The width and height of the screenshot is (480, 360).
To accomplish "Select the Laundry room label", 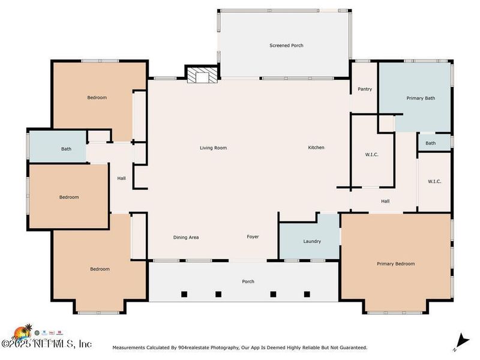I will coord(312,241).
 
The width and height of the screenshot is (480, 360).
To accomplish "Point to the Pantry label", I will coord(365,89).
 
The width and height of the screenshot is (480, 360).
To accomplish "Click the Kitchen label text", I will coord(316,148).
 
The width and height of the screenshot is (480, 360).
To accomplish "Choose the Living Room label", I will coord(213,148).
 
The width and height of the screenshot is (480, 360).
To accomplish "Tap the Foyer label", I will coord(253,237).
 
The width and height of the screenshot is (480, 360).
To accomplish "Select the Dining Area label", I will coord(186,237).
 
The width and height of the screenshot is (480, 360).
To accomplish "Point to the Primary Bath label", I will coord(421,98).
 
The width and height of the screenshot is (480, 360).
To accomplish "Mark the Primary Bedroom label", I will coord(395,263).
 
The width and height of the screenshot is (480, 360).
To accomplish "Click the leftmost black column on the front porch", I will coord(184,294).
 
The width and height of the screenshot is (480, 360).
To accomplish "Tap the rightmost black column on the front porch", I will coord(307,294).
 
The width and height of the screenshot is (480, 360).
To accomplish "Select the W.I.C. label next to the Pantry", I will coord(371,154).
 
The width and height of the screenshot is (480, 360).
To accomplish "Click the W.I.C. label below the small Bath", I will coord(434,181).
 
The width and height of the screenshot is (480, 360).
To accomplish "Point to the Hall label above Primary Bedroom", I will coord(385,201).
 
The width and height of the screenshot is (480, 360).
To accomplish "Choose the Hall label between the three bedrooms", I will coord(121,178).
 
